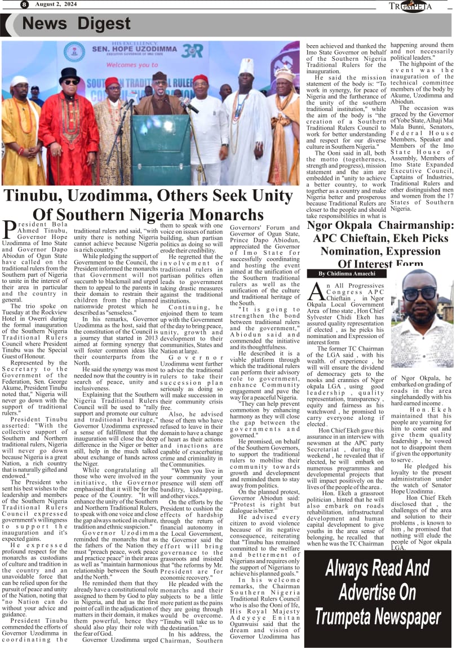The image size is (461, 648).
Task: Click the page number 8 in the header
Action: [24, 5]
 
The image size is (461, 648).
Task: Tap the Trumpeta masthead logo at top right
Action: [410, 6]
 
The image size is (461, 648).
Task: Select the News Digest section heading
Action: [76, 24]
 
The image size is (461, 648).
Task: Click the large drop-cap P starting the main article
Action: [9, 229]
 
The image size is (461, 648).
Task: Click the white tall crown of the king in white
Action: [246, 66]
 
